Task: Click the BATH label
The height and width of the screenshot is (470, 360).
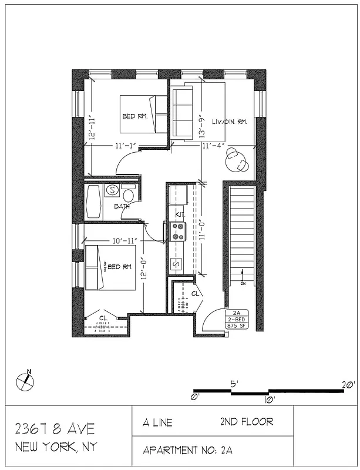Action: (x=122, y=206)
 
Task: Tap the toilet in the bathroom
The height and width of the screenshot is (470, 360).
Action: (x=127, y=193)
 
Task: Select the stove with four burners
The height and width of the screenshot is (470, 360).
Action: (x=177, y=231)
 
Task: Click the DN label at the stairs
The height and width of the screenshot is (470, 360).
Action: (x=243, y=283)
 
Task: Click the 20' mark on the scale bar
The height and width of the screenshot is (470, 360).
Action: (x=348, y=385)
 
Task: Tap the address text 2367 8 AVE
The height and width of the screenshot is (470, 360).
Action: (x=54, y=428)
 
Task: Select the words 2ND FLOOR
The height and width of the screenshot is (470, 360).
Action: (x=247, y=421)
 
